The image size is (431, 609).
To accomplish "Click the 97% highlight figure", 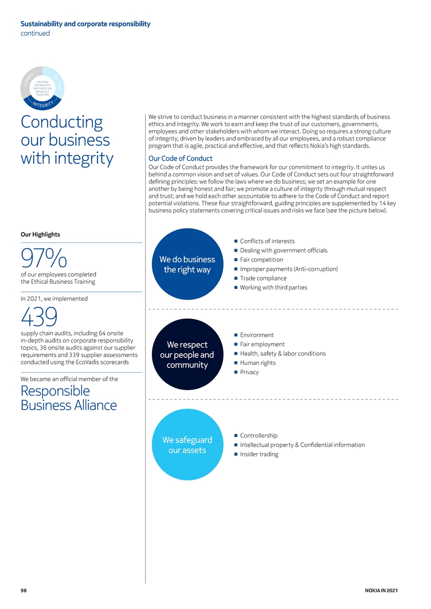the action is [x=44, y=257].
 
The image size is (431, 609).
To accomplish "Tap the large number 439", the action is [x=39, y=316].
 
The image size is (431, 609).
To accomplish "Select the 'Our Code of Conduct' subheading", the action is [x=181, y=158].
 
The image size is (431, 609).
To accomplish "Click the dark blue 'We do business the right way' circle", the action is [x=187, y=264].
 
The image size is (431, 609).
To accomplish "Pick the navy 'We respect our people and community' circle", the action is [x=187, y=354].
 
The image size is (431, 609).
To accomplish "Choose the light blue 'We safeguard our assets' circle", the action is [x=187, y=444].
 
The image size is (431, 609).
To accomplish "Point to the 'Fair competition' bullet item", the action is [x=261, y=260].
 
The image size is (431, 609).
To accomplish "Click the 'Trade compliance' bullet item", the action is [x=263, y=278].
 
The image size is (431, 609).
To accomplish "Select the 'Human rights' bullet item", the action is [x=258, y=363].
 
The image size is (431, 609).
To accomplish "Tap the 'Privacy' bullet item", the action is [x=249, y=372].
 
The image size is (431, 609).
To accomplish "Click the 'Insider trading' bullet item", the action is [x=259, y=454].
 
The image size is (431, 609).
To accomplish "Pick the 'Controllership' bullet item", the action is [x=259, y=435].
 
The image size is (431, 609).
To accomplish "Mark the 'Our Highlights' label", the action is [x=40, y=234].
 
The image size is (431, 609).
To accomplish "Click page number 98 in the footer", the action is [x=23, y=590].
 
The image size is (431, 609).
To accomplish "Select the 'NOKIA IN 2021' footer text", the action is [x=381, y=590].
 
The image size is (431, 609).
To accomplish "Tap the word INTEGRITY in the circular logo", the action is [x=43, y=104].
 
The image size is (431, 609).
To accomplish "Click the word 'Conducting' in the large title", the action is [x=62, y=122].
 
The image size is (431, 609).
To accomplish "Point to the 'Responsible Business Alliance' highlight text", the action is [x=68, y=398].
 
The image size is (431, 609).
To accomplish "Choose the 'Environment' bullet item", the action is [x=257, y=335].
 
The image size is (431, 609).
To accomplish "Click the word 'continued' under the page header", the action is [x=35, y=33].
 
